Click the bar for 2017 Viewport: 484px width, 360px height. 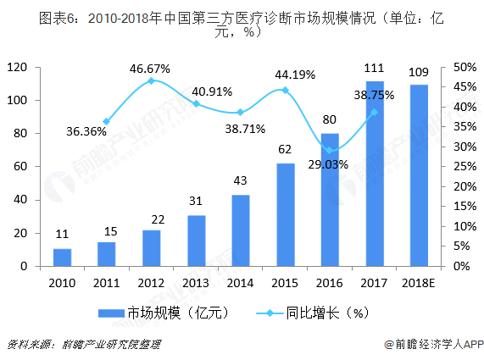(x=375, y=174)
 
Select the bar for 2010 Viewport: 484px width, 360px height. (x=62, y=257)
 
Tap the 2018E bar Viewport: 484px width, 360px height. (x=419, y=175)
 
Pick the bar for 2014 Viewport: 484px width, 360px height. (x=241, y=230)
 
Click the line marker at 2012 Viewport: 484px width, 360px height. (x=152, y=80)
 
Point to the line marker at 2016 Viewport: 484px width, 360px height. (x=330, y=150)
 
